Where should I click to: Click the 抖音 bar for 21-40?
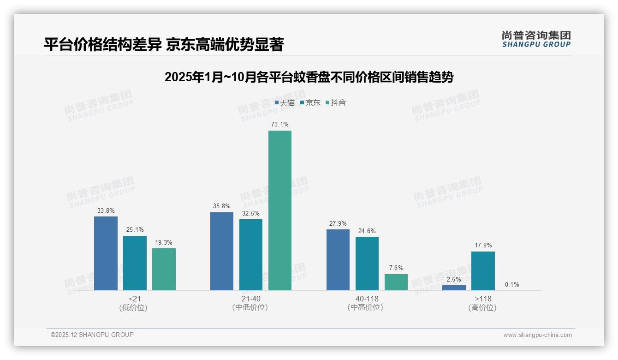[x=280, y=210]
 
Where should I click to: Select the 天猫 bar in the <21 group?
[x=106, y=253]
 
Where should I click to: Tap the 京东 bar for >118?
[x=483, y=271]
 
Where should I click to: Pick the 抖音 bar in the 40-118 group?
[x=396, y=282]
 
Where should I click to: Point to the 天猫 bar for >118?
[x=454, y=288]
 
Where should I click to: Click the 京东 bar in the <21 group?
[x=135, y=263]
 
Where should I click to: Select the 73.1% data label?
[x=280, y=125]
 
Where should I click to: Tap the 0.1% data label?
[x=512, y=285]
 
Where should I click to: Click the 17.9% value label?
[x=483, y=246]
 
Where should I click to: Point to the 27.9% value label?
[x=338, y=223]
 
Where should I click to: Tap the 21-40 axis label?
[x=251, y=299]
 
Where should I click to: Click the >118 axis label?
[x=483, y=299]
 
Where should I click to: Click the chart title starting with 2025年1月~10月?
[x=309, y=78]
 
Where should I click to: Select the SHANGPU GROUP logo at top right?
[x=536, y=39]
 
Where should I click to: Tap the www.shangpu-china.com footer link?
[x=537, y=335]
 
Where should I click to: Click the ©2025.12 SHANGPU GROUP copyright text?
[x=92, y=335]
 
